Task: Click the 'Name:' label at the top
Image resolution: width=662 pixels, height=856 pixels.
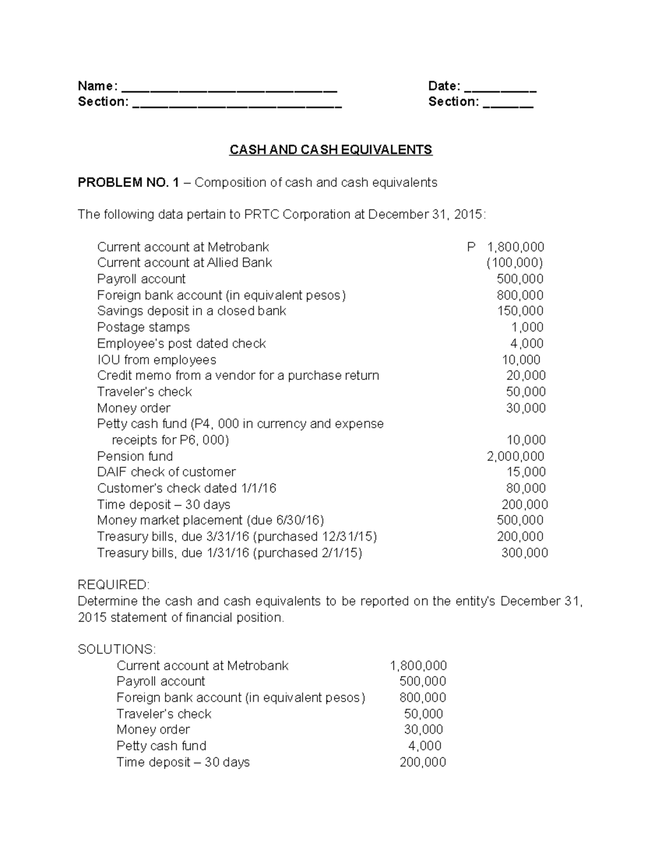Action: pos(97,86)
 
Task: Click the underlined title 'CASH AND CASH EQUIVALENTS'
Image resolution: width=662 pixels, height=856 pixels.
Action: pos(330,150)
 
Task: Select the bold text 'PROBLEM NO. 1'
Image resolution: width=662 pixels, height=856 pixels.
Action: pos(128,182)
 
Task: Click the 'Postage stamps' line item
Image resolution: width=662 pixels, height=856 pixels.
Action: pos(143,327)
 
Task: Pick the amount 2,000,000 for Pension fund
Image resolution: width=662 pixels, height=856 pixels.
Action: pos(515,456)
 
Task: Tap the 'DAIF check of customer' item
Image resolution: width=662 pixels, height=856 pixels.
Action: pos(166,472)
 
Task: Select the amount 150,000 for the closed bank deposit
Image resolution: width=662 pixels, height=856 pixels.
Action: pos(520,311)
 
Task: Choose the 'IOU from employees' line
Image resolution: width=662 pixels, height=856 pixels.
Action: pos(156,360)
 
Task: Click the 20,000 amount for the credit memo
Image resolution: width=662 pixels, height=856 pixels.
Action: pos(526,376)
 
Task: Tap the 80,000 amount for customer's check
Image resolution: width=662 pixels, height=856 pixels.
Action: pos(526,488)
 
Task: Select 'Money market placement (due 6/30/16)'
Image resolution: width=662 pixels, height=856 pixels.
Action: pos(210,521)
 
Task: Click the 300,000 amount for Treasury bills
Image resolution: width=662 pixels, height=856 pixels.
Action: pos(524,553)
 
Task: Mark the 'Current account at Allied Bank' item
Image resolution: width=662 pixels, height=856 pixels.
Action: pos(184,263)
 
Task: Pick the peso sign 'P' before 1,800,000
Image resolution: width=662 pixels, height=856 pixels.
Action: pos(471,247)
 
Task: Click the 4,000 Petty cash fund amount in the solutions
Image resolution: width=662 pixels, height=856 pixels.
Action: pos(424,746)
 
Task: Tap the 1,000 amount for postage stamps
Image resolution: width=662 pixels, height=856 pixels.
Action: pos(527,327)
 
